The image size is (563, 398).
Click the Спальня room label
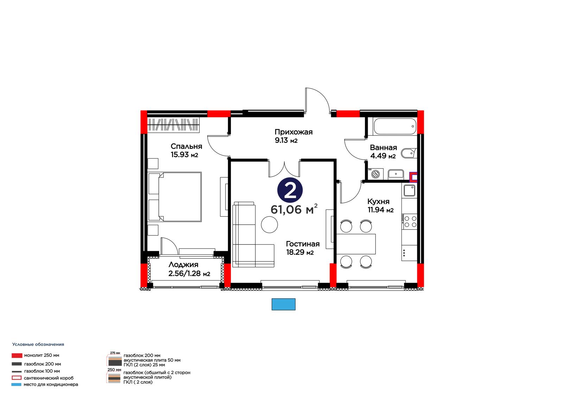186,150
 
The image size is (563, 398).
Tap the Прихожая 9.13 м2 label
293,136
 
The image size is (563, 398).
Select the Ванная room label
383,152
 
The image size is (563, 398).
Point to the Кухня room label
380,206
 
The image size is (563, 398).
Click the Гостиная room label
303,248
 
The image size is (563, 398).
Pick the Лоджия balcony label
189,269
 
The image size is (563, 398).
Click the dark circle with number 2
290,190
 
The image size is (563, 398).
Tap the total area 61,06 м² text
294,209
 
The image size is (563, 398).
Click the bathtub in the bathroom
395,126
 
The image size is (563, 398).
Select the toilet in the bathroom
409,153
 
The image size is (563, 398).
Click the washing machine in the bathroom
375,174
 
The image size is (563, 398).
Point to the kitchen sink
410,190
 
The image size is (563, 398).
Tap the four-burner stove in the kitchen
410,221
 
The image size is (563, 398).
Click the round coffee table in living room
270,224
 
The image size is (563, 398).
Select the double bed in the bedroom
175,197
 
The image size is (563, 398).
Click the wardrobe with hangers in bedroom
173,125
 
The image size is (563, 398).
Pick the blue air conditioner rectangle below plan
283,304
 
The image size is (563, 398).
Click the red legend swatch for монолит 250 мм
17,355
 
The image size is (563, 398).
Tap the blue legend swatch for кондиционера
16,384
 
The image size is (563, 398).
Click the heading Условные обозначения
38,345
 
